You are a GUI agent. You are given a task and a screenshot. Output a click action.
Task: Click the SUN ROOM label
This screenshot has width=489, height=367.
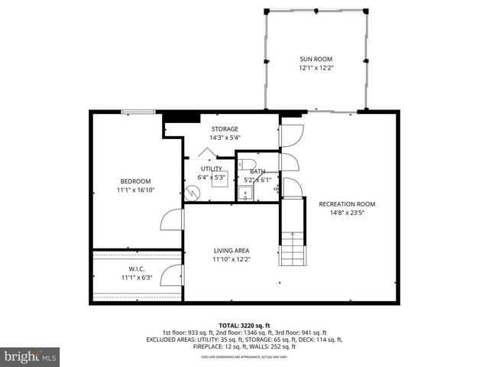pos(316,59)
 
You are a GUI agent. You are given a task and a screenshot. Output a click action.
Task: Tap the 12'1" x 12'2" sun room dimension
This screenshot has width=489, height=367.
pos(316,68)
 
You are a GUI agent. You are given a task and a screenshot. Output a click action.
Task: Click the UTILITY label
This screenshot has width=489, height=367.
pos(212,169)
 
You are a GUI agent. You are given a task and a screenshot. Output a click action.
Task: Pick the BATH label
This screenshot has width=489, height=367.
pos(257,172)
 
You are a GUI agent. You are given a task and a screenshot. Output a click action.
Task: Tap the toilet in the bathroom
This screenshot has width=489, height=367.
pos(246,165)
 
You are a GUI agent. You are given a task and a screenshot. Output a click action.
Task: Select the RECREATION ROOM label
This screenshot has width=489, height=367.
pos(347,204)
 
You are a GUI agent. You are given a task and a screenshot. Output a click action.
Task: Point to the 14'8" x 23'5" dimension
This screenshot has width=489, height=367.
pos(347,213)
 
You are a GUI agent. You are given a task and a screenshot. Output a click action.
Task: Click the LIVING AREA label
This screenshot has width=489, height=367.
pos(231,250)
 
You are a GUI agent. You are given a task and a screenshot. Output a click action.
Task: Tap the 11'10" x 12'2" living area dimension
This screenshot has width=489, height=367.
pos(231,259)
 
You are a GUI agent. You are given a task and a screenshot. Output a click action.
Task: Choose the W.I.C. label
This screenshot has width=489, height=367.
pos(137,268)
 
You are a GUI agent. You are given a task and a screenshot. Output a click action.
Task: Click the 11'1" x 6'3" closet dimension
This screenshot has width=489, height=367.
pos(137,278)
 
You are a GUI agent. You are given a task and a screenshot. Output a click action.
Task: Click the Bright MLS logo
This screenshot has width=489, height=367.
pos(31,356)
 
